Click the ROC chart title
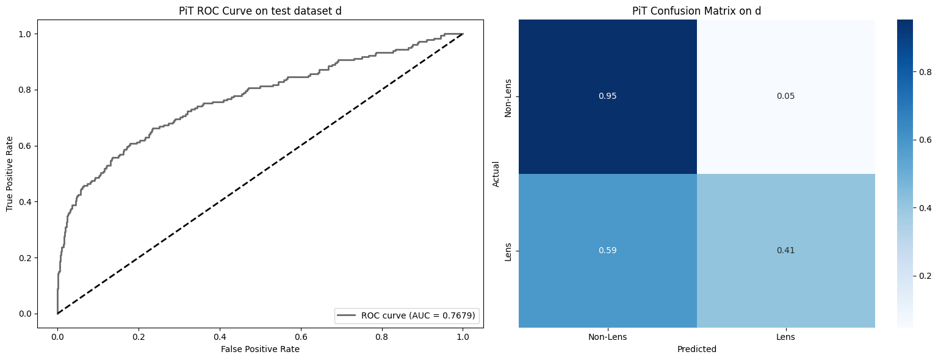click(260, 11)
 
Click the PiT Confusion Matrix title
click(697, 11)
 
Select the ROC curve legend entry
click(406, 315)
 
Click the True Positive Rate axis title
click(10, 174)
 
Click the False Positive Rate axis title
click(260, 349)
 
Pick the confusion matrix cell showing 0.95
click(608, 96)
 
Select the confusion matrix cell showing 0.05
click(785, 96)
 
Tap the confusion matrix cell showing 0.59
click(608, 250)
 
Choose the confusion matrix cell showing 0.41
click(785, 250)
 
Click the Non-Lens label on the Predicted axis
click(608, 337)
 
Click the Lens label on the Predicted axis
click(785, 337)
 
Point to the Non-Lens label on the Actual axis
click(508, 98)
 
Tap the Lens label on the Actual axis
click(508, 251)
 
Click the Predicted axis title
click(697, 349)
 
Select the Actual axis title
click(496, 174)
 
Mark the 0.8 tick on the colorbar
click(925, 71)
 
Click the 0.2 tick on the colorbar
click(925, 276)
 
